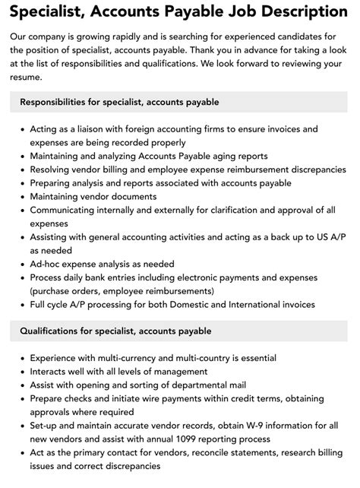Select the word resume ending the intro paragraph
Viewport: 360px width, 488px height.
tap(29, 77)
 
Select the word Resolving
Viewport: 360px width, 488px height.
tap(52, 170)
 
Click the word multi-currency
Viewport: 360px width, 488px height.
tap(118, 358)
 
